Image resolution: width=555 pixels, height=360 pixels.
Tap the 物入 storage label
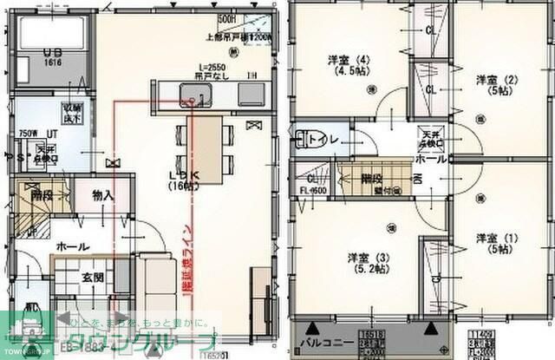tap(103, 195)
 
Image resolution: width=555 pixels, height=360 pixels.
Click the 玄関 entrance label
tap(93, 278)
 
